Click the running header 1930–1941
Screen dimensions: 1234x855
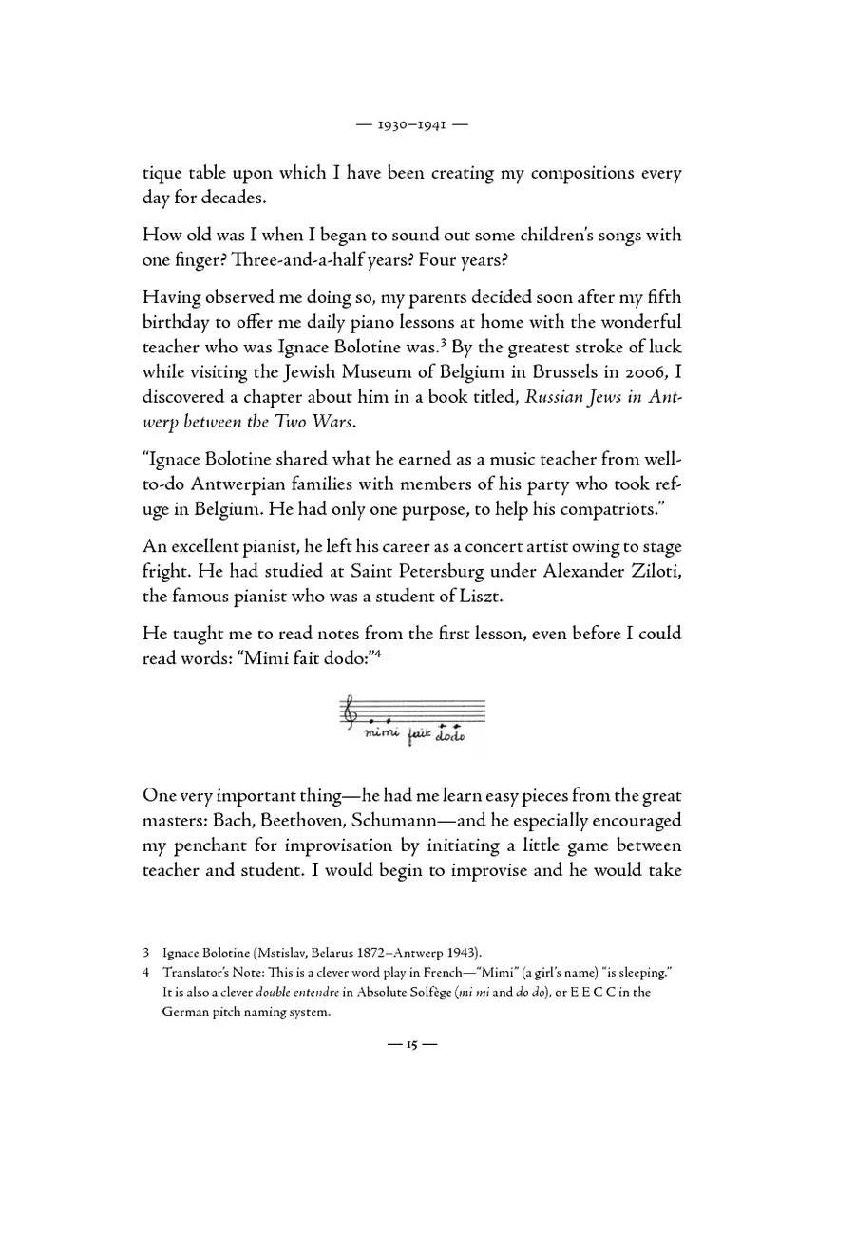pos(427,123)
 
